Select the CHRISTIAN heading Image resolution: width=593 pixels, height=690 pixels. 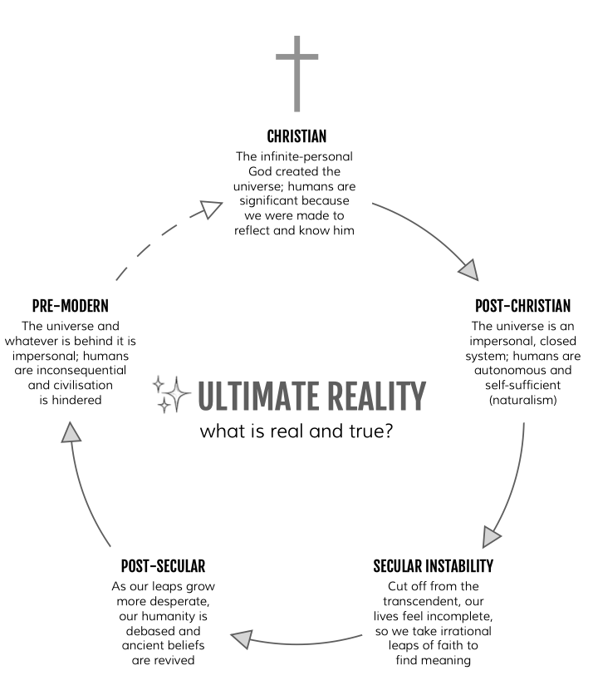click(296, 136)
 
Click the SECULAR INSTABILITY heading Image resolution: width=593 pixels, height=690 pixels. click(433, 567)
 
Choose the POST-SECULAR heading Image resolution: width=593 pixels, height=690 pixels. click(163, 567)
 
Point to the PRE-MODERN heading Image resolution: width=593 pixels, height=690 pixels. click(71, 305)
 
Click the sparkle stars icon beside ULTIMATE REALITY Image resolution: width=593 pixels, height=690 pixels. click(172, 393)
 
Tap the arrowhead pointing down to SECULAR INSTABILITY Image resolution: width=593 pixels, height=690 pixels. click(493, 529)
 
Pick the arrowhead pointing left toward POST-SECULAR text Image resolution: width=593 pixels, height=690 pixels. click(241, 638)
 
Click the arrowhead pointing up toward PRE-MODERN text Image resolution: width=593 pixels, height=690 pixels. click(72, 431)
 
